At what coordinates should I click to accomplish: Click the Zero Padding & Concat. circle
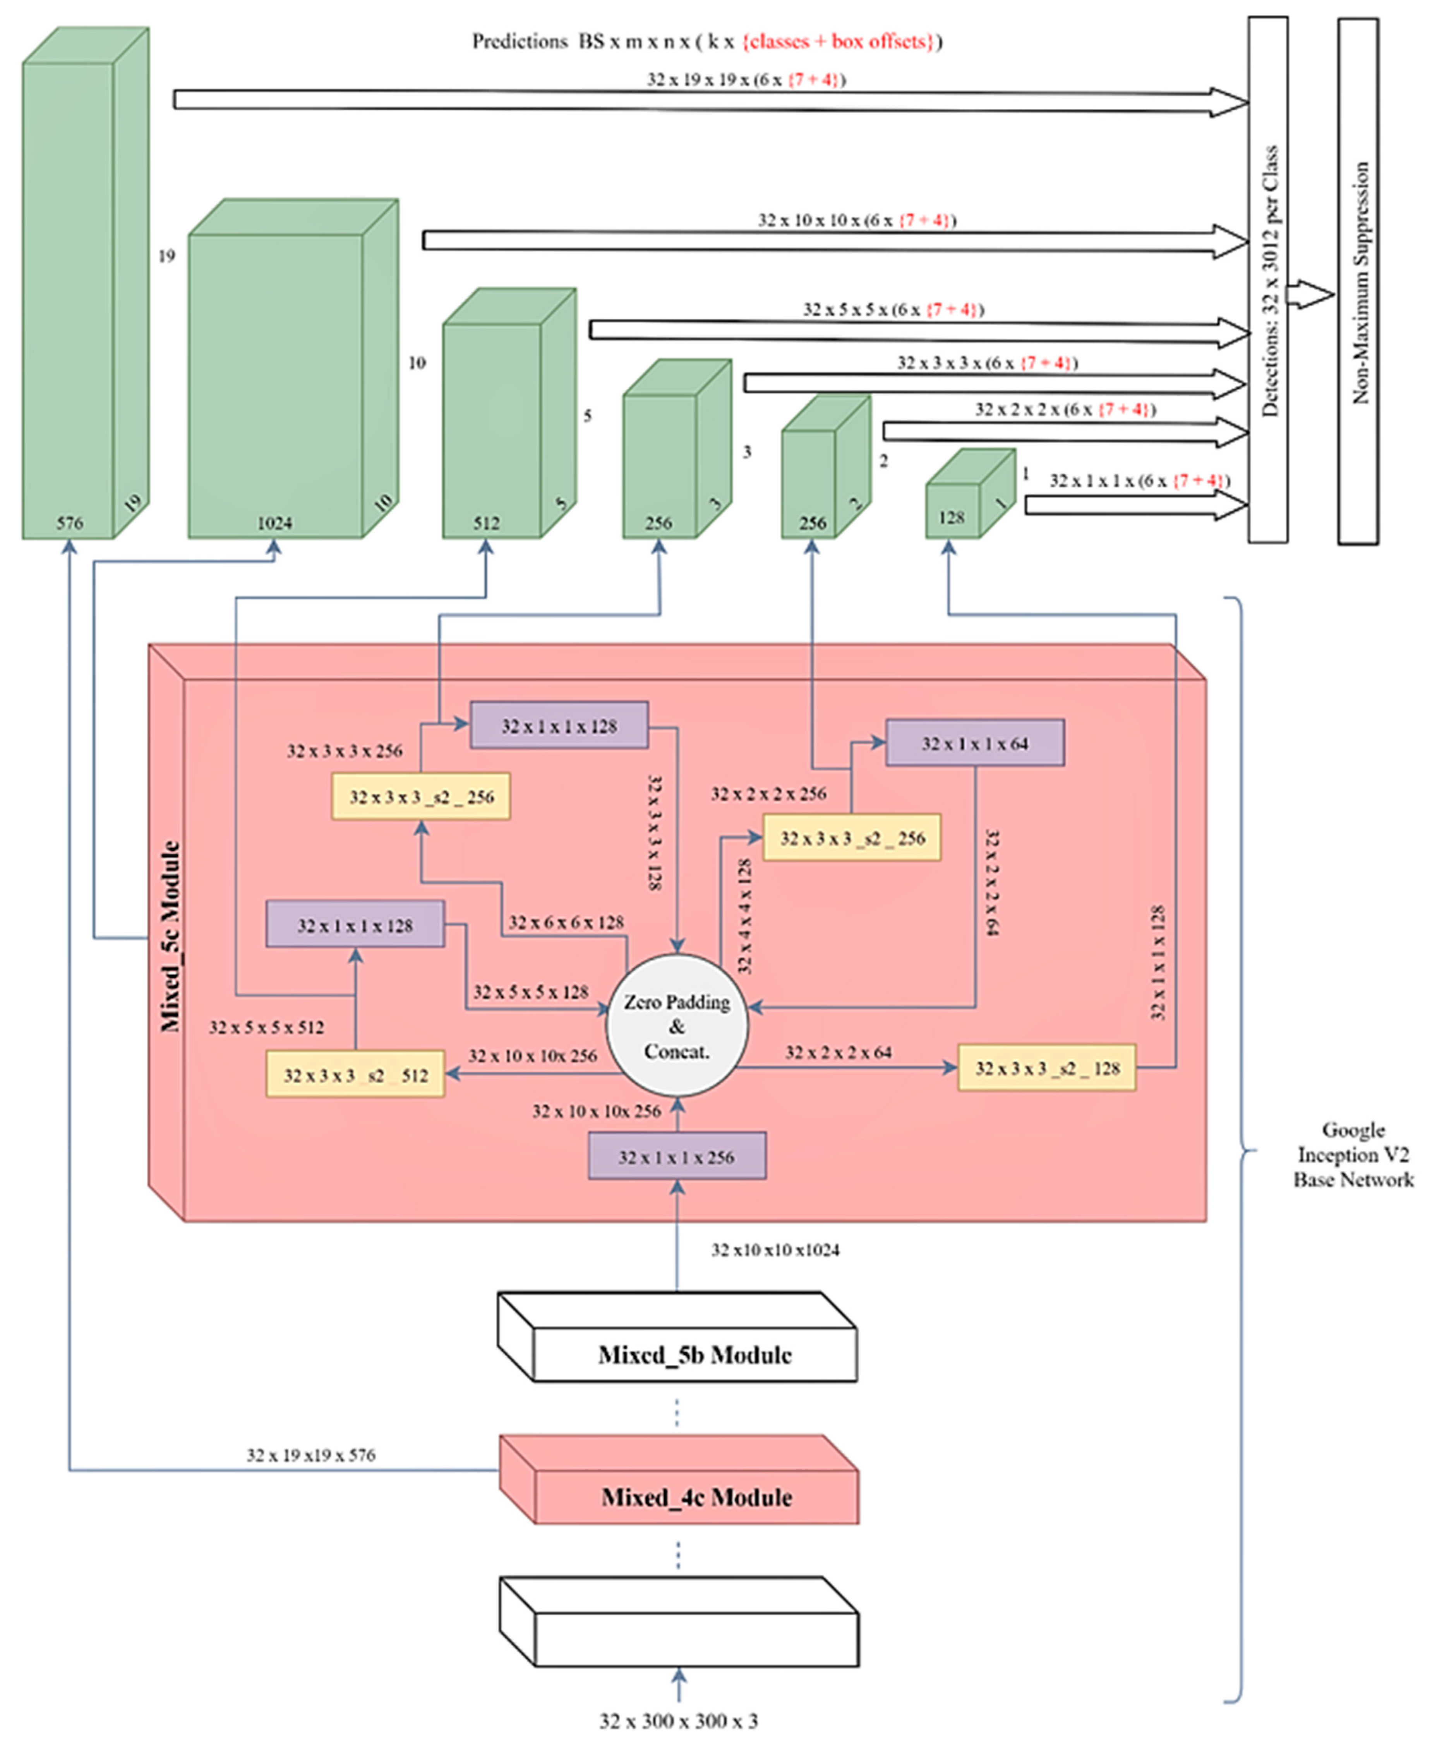676,1026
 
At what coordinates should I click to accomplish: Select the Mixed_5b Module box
694,1355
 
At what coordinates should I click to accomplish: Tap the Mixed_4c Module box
695,1497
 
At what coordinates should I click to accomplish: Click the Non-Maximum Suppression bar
1358,281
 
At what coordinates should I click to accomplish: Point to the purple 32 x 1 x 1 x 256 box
676,1156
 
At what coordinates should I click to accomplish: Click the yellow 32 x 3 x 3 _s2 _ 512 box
355,1074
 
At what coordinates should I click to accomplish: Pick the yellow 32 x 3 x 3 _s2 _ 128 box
1046,1068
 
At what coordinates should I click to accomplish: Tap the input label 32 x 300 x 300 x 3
678,1720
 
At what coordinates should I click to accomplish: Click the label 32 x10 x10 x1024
775,1250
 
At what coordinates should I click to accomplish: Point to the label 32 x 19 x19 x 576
310,1455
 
